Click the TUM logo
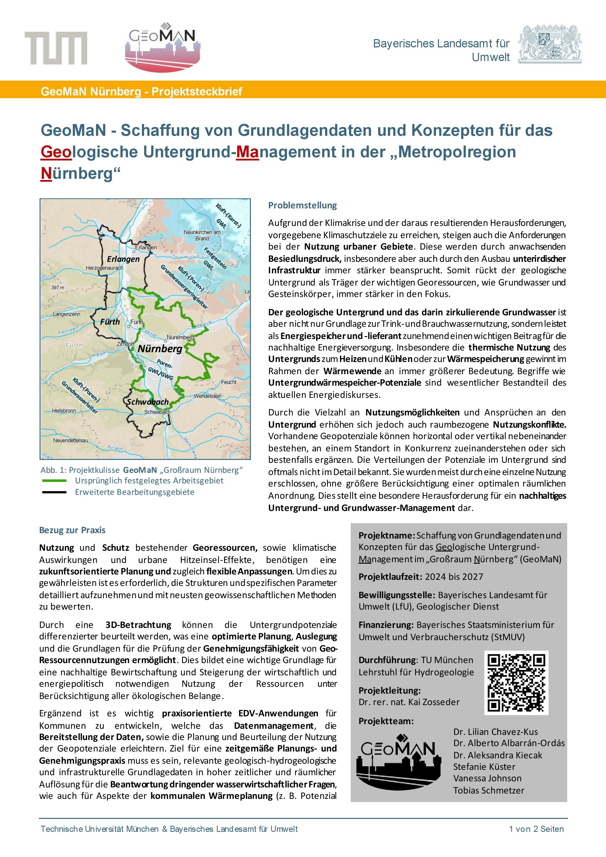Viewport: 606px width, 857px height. coord(56,48)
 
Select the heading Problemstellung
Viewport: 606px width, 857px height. coord(302,205)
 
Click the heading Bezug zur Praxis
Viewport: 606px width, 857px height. coord(73,530)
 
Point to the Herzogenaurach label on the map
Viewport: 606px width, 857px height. coord(104,268)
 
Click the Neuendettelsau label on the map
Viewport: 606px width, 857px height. coord(71,440)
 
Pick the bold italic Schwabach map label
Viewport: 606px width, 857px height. coord(148,402)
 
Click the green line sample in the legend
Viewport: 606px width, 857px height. coord(54,481)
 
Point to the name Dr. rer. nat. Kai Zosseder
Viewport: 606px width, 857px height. coord(409,702)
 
